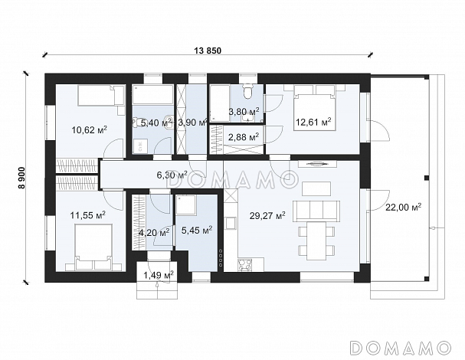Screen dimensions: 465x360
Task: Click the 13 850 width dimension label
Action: click(x=208, y=51)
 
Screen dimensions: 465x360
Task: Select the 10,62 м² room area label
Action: click(x=90, y=129)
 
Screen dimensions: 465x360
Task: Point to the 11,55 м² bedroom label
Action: click(x=88, y=214)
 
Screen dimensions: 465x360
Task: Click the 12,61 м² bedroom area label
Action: click(x=313, y=122)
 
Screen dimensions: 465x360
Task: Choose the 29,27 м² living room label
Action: click(x=267, y=215)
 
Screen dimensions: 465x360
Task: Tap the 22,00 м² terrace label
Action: click(x=403, y=207)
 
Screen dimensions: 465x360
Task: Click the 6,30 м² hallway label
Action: click(x=172, y=175)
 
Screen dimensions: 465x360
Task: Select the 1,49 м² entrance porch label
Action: click(x=159, y=275)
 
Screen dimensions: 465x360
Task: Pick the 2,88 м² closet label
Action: click(x=244, y=137)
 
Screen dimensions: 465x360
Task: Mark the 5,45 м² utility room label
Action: click(x=197, y=230)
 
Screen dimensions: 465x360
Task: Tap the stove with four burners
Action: click(x=245, y=265)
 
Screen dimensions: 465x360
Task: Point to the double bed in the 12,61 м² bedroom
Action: click(x=315, y=108)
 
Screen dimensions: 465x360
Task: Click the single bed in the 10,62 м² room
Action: click(x=100, y=95)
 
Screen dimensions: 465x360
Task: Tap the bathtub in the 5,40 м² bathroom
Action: click(x=152, y=95)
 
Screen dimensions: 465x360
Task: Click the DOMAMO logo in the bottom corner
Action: click(x=401, y=348)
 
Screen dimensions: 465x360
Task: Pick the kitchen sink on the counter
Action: click(x=231, y=223)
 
